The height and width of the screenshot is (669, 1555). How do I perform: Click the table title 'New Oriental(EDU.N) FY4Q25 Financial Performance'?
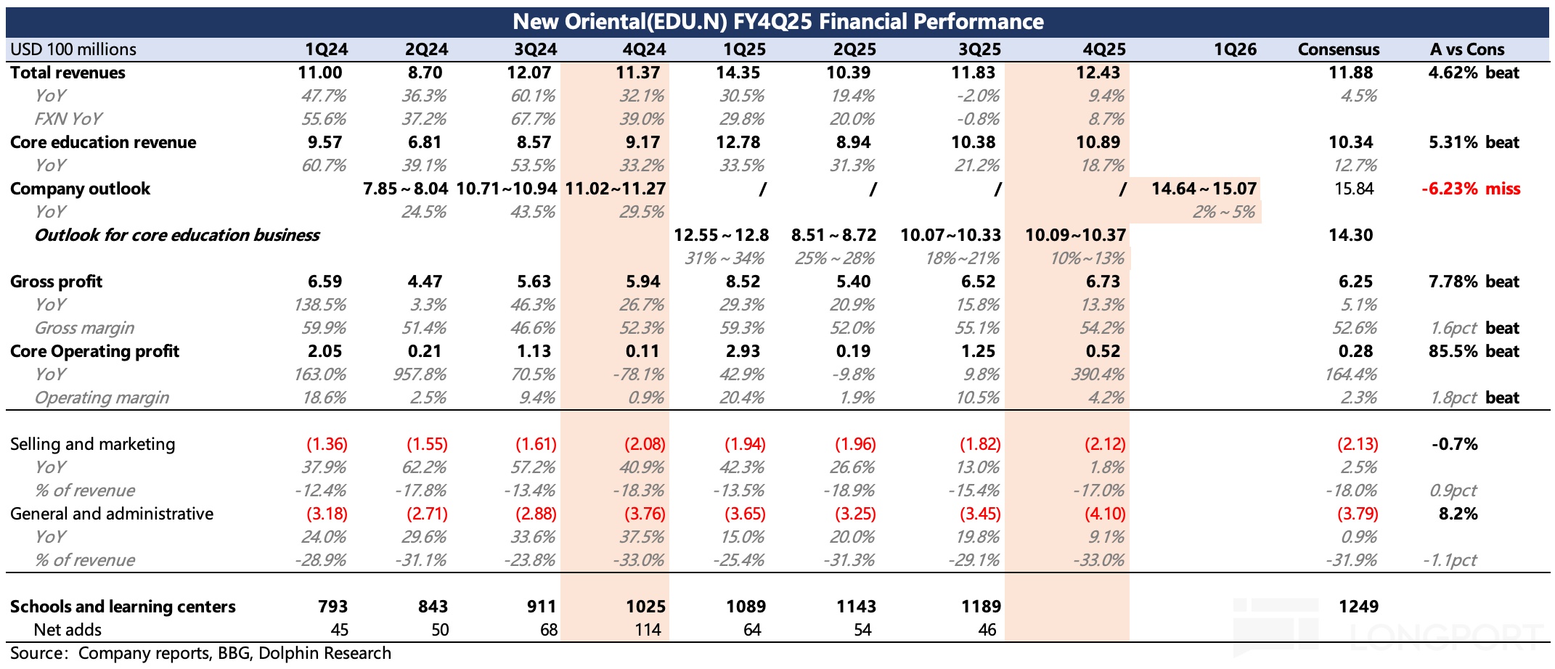click(777, 22)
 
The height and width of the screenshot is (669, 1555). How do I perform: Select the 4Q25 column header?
click(1103, 49)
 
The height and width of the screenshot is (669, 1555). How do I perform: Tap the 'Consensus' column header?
click(1338, 49)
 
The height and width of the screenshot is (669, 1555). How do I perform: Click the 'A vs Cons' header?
click(1466, 49)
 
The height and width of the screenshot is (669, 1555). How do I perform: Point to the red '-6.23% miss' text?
click(1470, 189)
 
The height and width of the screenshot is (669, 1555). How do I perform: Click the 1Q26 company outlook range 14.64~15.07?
click(1203, 189)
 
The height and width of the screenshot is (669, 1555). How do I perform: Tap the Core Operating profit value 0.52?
click(1103, 351)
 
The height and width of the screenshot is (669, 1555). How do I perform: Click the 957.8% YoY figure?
click(424, 374)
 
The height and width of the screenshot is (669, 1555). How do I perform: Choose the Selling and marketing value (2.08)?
click(645, 444)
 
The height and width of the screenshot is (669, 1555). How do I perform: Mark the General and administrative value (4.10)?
click(1104, 514)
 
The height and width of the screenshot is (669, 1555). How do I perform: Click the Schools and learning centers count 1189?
click(981, 607)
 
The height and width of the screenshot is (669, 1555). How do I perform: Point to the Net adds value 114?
click(648, 630)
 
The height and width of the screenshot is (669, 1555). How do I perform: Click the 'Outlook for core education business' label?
click(177, 235)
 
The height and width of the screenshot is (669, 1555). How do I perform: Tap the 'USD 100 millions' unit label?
click(73, 49)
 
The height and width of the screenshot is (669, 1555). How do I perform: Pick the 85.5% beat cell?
click(1473, 351)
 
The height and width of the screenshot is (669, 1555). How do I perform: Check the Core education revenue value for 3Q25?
click(976, 142)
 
